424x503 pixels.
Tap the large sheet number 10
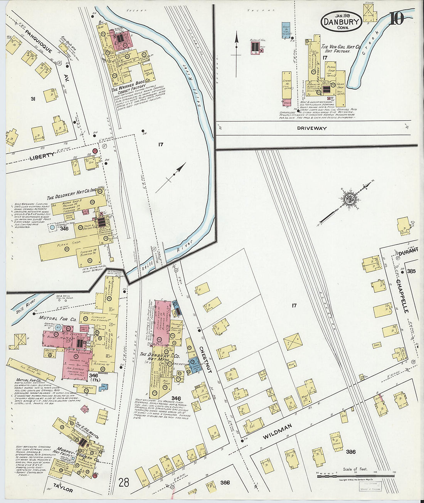(396, 19)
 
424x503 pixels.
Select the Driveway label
(312, 128)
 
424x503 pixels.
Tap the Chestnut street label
(205, 359)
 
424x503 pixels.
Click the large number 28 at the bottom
(124, 482)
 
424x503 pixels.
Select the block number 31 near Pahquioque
(33, 99)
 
